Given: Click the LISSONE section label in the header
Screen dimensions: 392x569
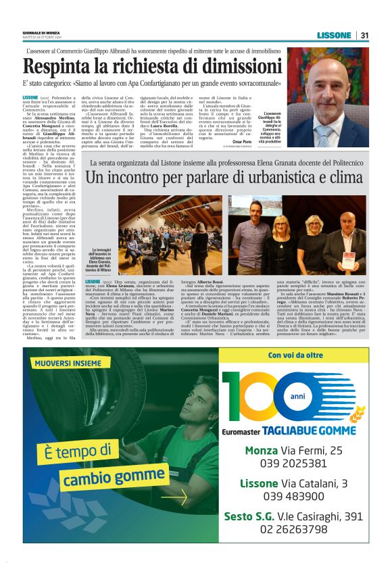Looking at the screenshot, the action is pyautogui.click(x=335, y=35).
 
